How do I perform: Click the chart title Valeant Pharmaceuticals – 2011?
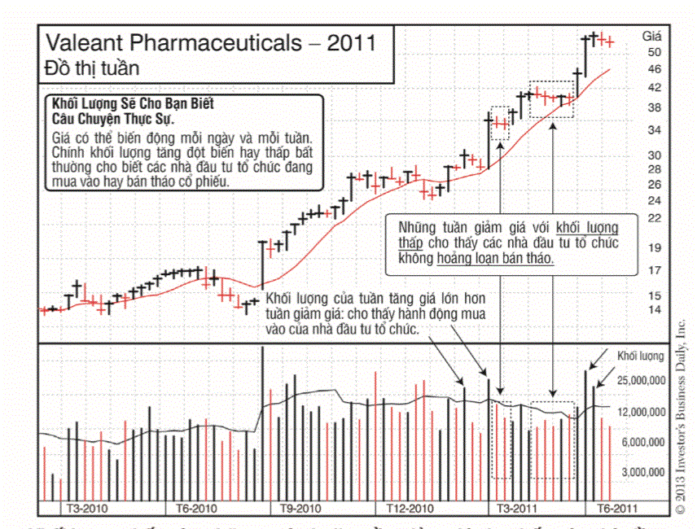pyautogui.click(x=210, y=43)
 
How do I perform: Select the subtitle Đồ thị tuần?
pyautogui.click(x=92, y=68)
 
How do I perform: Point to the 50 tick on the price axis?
pyautogui.click(x=654, y=52)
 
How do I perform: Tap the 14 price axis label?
pyautogui.click(x=654, y=310)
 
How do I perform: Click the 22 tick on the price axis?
pyautogui.click(x=654, y=217)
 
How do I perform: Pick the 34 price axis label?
pyautogui.click(x=654, y=130)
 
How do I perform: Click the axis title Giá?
pyautogui.click(x=652, y=36)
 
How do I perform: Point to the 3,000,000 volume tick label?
pyautogui.click(x=642, y=472)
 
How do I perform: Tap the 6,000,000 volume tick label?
pyautogui.click(x=642, y=442)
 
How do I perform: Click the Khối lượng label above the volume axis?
pyautogui.click(x=640, y=356)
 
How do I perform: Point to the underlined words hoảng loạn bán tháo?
pyautogui.click(x=494, y=258)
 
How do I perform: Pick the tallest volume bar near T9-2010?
pyautogui.click(x=262, y=423)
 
